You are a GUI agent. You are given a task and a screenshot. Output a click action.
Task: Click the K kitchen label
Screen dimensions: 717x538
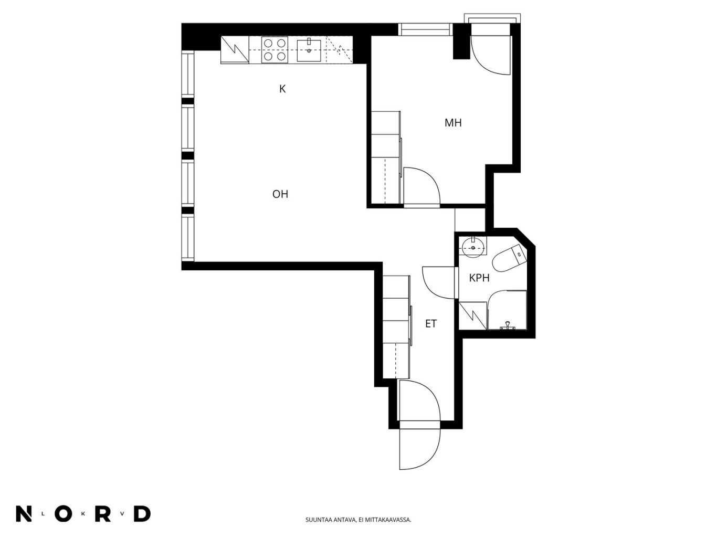[x=282, y=89]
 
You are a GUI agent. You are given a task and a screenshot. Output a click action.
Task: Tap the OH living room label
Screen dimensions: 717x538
[x=280, y=194]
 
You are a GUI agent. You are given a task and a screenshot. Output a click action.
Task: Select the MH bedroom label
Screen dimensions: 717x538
[x=453, y=122]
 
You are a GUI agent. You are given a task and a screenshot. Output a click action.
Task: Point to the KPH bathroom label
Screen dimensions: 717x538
[x=479, y=278]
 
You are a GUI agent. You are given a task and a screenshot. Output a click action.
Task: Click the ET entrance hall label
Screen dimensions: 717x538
[x=430, y=323]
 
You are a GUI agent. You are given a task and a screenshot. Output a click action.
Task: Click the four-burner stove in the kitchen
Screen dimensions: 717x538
[x=275, y=50]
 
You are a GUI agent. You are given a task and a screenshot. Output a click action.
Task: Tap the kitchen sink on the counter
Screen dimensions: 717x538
[x=308, y=50]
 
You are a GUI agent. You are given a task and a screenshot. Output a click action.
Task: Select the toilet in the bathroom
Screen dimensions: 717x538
[x=509, y=258]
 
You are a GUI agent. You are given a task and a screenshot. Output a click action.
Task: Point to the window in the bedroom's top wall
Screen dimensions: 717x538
[x=425, y=29]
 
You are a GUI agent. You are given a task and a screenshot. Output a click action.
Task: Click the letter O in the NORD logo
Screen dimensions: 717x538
[x=64, y=514]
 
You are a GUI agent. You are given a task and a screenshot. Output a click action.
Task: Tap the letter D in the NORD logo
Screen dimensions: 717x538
[x=142, y=514]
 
